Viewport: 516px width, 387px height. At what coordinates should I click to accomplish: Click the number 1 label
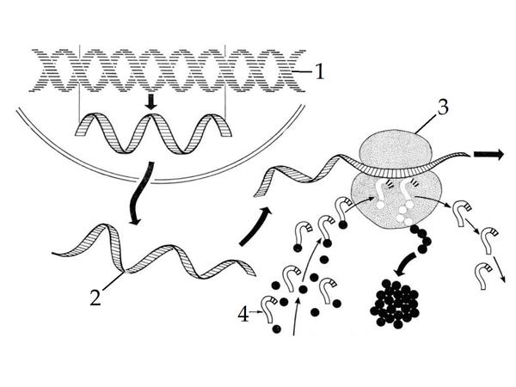tap(320, 71)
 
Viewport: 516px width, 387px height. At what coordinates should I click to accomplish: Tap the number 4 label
tap(243, 314)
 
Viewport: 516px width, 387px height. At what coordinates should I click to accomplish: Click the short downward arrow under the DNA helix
tap(151, 101)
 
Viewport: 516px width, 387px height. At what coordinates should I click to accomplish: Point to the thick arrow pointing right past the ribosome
tap(488, 154)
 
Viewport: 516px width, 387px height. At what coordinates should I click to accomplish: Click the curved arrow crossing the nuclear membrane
tap(140, 193)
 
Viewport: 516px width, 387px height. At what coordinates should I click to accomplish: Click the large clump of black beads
tap(395, 304)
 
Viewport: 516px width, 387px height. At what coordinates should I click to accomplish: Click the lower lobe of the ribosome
tap(396, 200)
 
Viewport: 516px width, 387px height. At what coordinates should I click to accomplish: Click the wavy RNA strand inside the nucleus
tap(154, 133)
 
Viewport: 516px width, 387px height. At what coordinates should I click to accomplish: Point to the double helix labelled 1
tap(168, 71)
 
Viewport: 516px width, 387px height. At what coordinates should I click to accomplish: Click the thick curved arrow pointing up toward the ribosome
tap(256, 226)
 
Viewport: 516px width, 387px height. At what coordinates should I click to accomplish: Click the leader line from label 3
tap(427, 123)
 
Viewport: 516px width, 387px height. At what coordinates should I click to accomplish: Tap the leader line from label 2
tap(113, 281)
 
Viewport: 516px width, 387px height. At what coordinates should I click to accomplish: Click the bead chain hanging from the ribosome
tap(421, 238)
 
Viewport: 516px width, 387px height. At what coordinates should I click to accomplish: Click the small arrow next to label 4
tap(255, 311)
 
